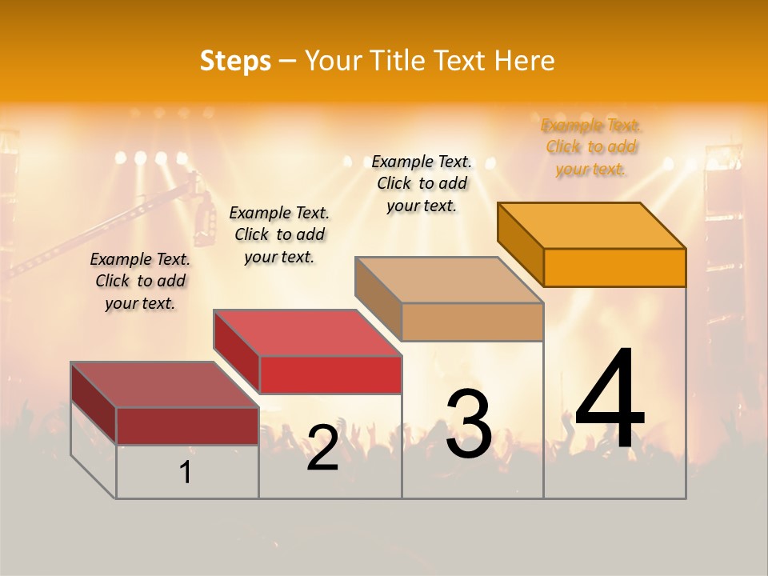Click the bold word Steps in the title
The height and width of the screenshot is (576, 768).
[235, 61]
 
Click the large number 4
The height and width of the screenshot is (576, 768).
[610, 400]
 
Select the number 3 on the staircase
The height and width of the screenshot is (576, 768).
[468, 424]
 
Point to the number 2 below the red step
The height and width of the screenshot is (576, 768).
[322, 448]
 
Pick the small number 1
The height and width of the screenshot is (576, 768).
[186, 473]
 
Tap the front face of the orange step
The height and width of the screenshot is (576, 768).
[614, 267]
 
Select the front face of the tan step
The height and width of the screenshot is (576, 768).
[472, 322]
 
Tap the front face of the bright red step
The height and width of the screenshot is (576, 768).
[330, 374]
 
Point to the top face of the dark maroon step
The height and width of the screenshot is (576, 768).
[165, 385]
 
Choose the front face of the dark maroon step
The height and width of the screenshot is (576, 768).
[187, 426]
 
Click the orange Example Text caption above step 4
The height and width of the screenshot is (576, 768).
[591, 147]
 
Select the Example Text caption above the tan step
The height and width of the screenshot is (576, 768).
[422, 184]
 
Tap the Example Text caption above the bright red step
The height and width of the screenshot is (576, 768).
[279, 235]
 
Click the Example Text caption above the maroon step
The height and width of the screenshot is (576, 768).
[140, 282]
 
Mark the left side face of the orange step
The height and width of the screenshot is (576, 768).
[520, 243]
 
